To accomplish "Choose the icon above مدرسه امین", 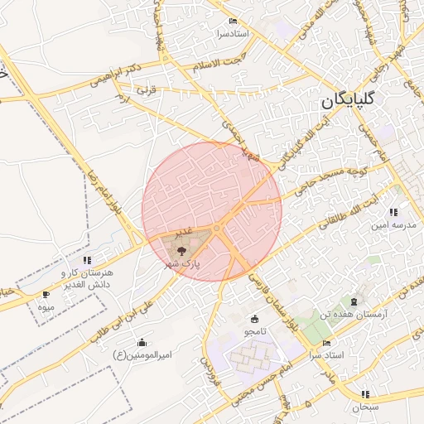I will [x=405, y=212].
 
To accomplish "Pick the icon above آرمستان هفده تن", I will [x=355, y=302].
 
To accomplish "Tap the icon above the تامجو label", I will [x=253, y=319].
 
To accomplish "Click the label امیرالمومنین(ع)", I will [x=141, y=355].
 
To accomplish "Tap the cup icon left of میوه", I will [x=46, y=295].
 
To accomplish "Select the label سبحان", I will [x=364, y=407].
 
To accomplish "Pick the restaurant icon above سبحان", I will [x=365, y=394].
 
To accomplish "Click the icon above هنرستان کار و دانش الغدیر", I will [x=87, y=261].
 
